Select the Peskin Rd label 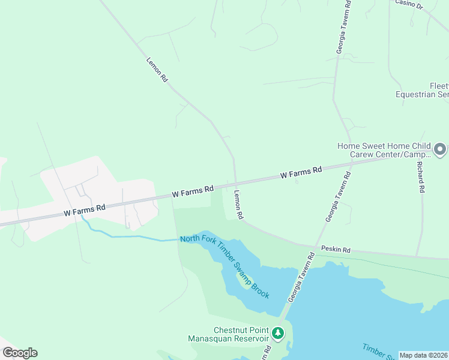(x=335, y=248)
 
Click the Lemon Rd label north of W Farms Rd (x=157, y=70)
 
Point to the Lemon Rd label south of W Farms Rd (x=238, y=205)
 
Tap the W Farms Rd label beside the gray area (x=85, y=209)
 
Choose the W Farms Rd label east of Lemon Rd (x=301, y=173)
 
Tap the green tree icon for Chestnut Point (x=278, y=332)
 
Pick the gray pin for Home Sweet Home (x=440, y=148)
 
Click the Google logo (x=20, y=352)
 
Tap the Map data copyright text (x=423, y=355)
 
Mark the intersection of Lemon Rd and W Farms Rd (x=235, y=183)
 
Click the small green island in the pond (x=244, y=279)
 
